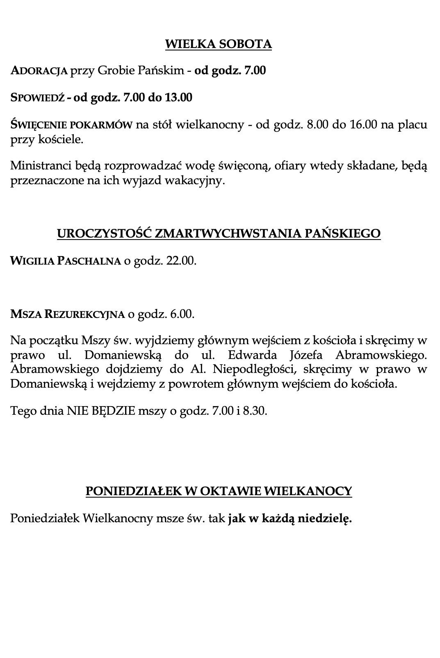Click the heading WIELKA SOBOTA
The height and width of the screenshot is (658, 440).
(218, 44)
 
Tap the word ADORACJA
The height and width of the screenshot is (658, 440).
(39, 71)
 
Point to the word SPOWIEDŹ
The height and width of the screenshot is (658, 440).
(37, 98)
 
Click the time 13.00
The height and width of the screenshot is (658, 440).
(178, 98)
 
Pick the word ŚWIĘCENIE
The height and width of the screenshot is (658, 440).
(36, 124)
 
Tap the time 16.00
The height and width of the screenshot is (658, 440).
(363, 124)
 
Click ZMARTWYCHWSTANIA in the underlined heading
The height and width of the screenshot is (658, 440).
(229, 233)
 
